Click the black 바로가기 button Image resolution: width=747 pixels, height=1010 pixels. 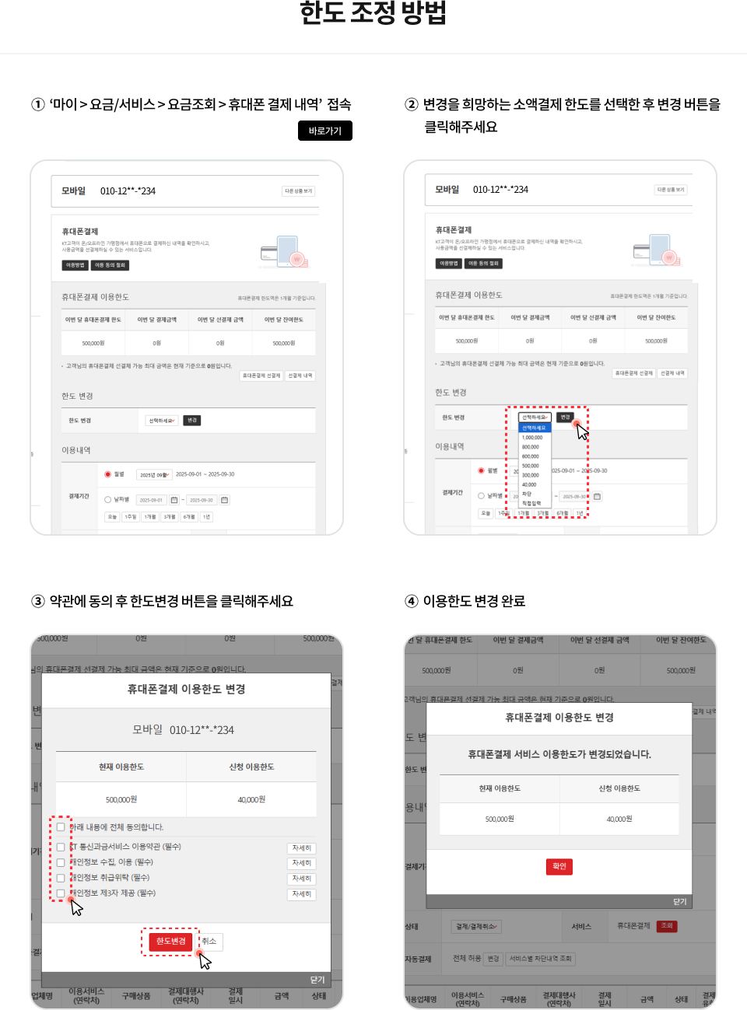point(324,131)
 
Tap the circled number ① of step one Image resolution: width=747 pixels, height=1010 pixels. point(37,104)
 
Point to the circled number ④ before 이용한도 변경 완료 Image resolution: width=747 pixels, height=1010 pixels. point(412,601)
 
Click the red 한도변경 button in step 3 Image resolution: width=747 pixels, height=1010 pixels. point(170,941)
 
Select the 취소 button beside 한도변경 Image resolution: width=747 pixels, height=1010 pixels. point(209,941)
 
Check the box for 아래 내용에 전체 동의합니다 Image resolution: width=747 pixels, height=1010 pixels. point(61,827)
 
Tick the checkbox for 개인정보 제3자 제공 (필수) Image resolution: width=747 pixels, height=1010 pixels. point(61,893)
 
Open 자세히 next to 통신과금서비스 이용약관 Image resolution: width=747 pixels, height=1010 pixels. point(301,848)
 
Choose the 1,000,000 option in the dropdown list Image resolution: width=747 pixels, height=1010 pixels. point(532,438)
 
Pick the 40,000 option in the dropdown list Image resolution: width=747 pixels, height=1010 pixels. point(529,484)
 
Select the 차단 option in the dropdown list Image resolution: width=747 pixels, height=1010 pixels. point(527,494)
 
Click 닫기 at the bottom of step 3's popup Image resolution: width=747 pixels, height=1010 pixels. point(317,980)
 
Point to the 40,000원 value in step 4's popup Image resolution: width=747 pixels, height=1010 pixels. point(619,819)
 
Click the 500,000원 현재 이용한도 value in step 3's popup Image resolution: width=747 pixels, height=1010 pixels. point(121,799)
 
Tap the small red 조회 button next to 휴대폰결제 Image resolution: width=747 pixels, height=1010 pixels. point(667,926)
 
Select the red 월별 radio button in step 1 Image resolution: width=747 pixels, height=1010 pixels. point(108,474)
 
